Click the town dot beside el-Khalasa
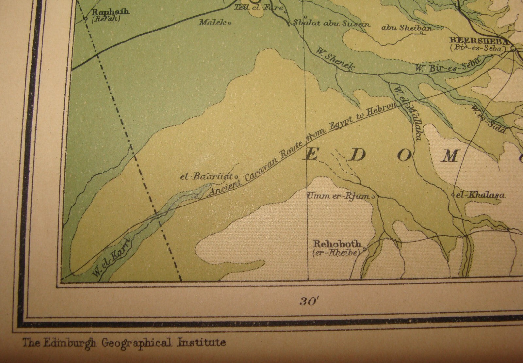coord(453,195)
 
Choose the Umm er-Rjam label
coord(339,196)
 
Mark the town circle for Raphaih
coord(85,19)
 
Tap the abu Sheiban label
coord(407,28)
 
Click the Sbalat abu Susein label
coord(331,24)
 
